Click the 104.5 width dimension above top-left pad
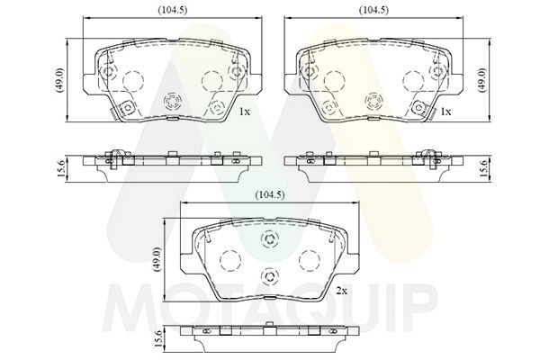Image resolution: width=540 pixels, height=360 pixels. pyautogui.click(x=173, y=10)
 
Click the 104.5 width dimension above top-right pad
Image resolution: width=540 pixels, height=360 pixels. pyautogui.click(x=373, y=10)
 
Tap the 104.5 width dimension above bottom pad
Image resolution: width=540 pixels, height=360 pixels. pyautogui.click(x=270, y=195)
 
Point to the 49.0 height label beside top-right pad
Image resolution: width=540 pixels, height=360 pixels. pyautogui.click(x=481, y=80)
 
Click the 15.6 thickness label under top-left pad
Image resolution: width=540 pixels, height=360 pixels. pyautogui.click(x=59, y=169)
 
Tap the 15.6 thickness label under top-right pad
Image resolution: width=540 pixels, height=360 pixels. pyautogui.click(x=483, y=169)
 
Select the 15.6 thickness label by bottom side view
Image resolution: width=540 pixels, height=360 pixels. pyautogui.click(x=158, y=338)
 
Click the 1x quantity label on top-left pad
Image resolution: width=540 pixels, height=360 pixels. pyautogui.click(x=245, y=112)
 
